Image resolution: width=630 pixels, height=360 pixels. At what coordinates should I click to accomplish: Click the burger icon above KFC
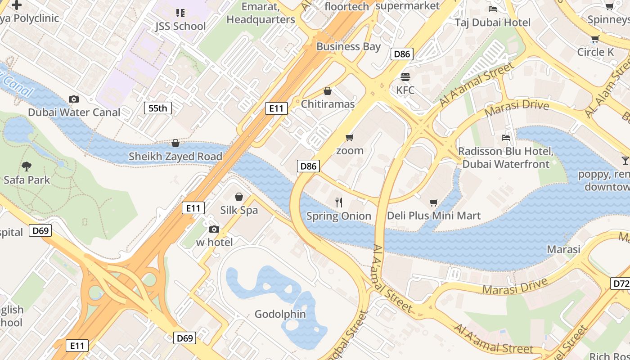pyautogui.click(x=405, y=76)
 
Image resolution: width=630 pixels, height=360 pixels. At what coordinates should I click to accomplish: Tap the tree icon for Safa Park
pyautogui.click(x=27, y=166)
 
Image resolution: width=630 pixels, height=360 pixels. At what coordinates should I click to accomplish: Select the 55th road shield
pyautogui.click(x=158, y=108)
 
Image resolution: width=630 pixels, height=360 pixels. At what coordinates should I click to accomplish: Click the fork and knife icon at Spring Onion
pyautogui.click(x=339, y=202)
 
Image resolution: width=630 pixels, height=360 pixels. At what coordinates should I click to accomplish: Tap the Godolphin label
pyautogui.click(x=280, y=314)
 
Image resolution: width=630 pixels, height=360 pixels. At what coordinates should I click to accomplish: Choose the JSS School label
pyautogui.click(x=180, y=26)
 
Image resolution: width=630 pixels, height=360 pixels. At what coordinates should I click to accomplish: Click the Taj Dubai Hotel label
pyautogui.click(x=493, y=22)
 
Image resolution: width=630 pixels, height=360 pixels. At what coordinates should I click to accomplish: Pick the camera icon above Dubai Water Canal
pyautogui.click(x=74, y=99)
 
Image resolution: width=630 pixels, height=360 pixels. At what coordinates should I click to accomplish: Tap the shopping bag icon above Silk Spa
pyautogui.click(x=239, y=197)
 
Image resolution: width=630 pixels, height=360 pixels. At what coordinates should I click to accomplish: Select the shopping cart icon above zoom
pyautogui.click(x=350, y=137)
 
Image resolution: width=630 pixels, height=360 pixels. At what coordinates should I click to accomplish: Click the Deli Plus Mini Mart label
pyautogui.click(x=434, y=216)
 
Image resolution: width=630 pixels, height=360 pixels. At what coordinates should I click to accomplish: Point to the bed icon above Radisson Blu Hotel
pyautogui.click(x=506, y=137)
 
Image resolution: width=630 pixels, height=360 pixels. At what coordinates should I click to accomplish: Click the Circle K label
pyautogui.click(x=595, y=52)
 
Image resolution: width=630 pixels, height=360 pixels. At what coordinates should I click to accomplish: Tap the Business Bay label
pyautogui.click(x=349, y=46)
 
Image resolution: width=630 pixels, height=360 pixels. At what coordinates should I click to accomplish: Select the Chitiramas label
pyautogui.click(x=328, y=104)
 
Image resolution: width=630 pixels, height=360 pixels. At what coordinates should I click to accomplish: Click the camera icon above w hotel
pyautogui.click(x=214, y=229)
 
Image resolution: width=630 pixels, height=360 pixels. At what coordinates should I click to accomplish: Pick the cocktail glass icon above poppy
pyautogui.click(x=625, y=161)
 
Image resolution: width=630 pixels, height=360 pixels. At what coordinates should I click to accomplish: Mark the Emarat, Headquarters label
pyautogui.click(x=261, y=13)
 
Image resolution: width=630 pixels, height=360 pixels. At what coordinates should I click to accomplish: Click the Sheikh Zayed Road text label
pyautogui.click(x=175, y=157)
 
